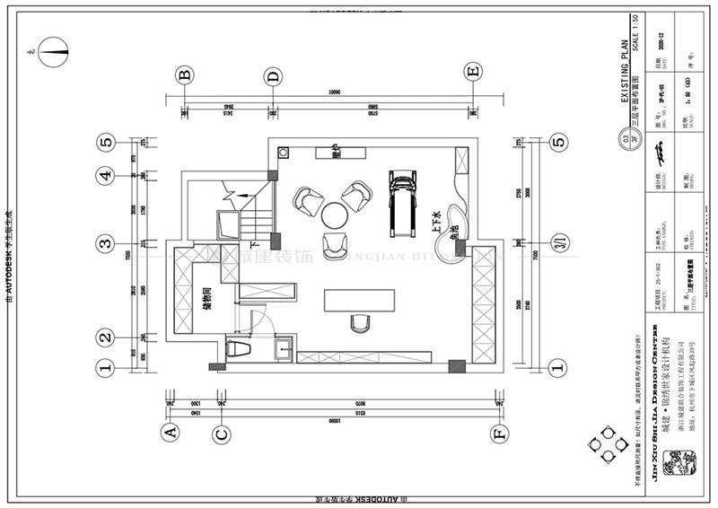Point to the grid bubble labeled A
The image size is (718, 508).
click(168, 434)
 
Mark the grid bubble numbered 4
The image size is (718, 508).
click(106, 176)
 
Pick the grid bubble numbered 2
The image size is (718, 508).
click(106, 338)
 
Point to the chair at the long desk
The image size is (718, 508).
click(362, 321)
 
